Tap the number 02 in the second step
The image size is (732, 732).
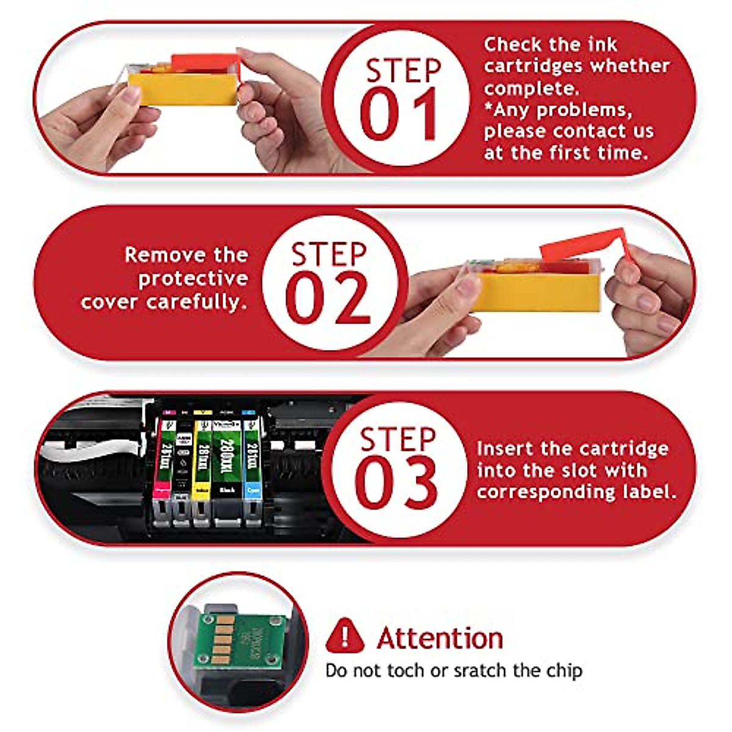click(328, 299)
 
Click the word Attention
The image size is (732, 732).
click(440, 638)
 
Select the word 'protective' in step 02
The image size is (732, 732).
click(193, 278)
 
